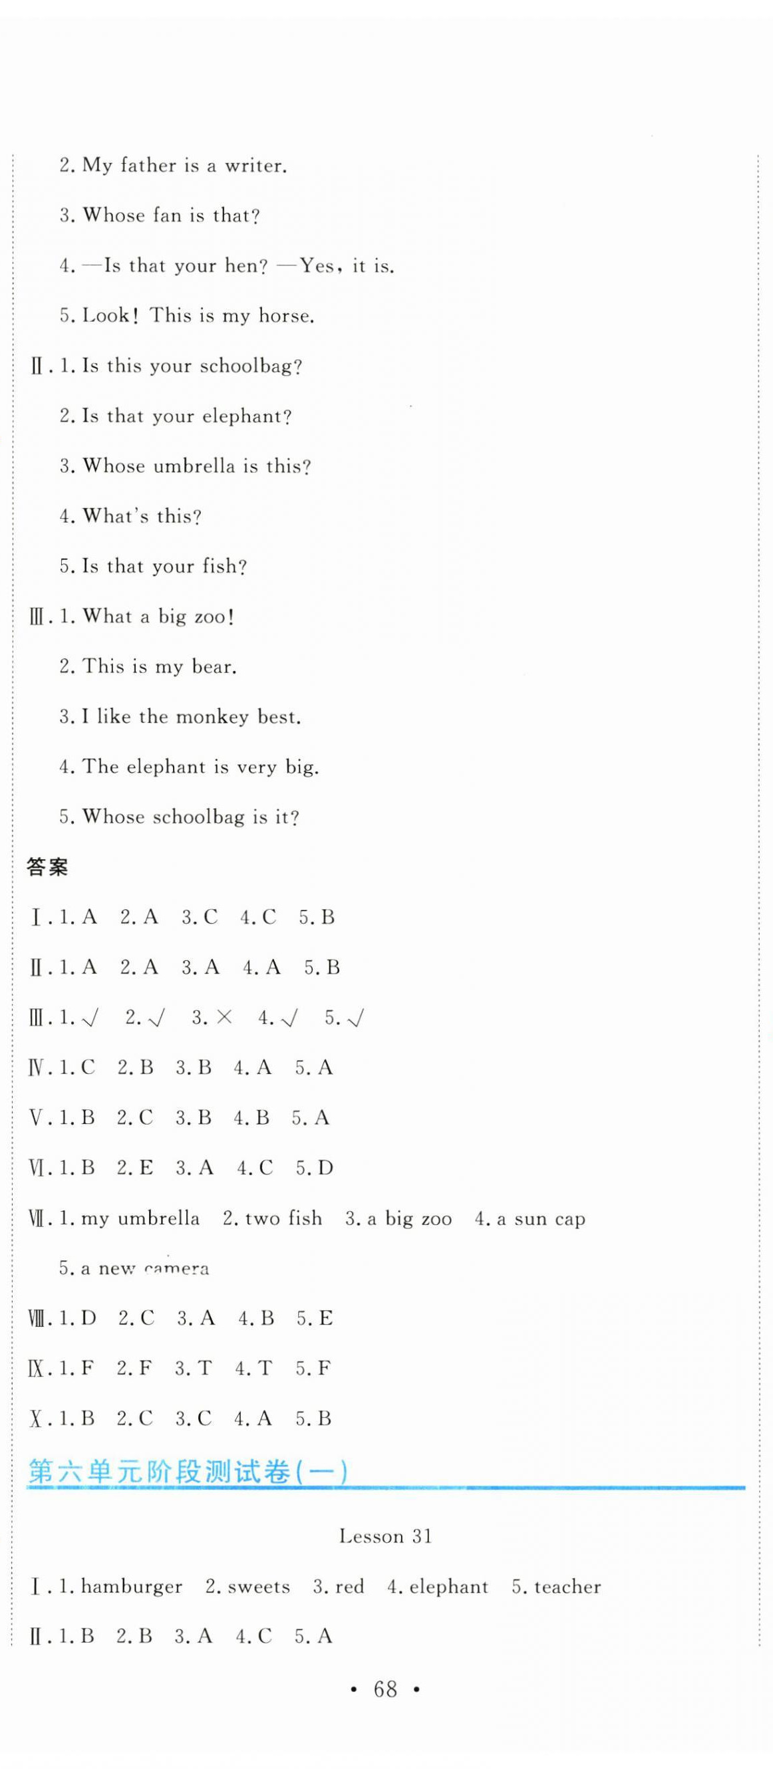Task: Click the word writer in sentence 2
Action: [x=254, y=166]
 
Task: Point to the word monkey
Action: [x=212, y=717]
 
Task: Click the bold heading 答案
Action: [x=47, y=867]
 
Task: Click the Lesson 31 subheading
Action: [x=385, y=1536]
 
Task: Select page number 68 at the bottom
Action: [x=385, y=1689]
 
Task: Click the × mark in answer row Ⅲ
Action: [x=224, y=1018]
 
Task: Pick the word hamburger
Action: [x=131, y=1587]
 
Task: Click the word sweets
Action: [x=258, y=1587]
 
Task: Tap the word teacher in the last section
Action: [x=567, y=1587]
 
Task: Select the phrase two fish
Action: [x=283, y=1219]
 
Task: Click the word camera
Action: [x=176, y=1269]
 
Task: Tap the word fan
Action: [x=167, y=215]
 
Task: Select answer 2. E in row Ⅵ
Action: [x=134, y=1168]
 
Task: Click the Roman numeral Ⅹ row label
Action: [x=37, y=1419]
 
